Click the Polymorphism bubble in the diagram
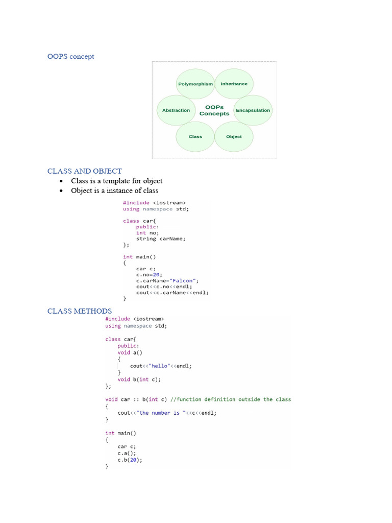195,84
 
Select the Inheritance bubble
234,84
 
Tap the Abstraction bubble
176,110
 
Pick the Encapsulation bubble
253,110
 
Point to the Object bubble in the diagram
234,136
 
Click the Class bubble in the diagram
195,136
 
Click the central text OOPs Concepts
214,110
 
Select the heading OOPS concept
71,56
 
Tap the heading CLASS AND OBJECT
85,171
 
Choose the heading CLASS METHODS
80,311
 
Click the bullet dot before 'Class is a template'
61,181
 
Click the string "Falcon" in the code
184,280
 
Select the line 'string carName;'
161,239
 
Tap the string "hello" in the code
156,366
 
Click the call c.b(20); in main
130,460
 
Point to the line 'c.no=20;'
149,274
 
